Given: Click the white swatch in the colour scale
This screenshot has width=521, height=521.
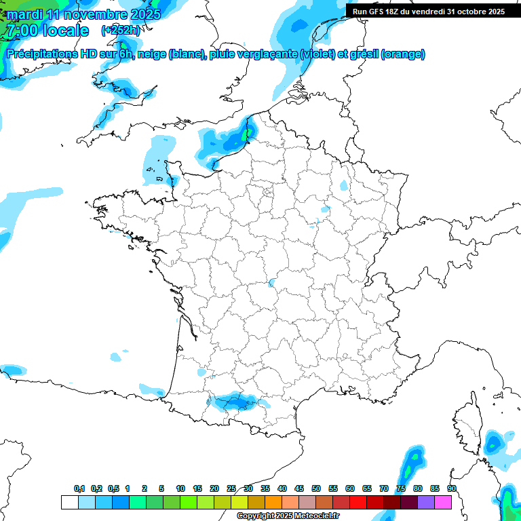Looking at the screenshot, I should click(x=69, y=502).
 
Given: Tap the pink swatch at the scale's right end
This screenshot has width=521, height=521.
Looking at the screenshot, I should click(x=443, y=502).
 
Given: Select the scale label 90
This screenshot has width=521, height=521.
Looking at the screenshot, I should click(x=452, y=488).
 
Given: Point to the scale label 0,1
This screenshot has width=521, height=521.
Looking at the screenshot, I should click(x=79, y=488).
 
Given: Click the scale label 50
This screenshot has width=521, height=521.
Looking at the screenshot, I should click(x=316, y=488).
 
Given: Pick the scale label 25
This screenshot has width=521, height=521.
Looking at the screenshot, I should click(x=231, y=488).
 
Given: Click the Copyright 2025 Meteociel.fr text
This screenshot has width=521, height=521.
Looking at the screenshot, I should click(x=288, y=516).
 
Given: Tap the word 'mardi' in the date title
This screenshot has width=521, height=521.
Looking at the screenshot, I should click(x=26, y=14).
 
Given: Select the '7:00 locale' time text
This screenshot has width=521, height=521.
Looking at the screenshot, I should click(x=47, y=31).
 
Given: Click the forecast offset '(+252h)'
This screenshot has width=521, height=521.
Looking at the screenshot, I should click(x=120, y=31).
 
